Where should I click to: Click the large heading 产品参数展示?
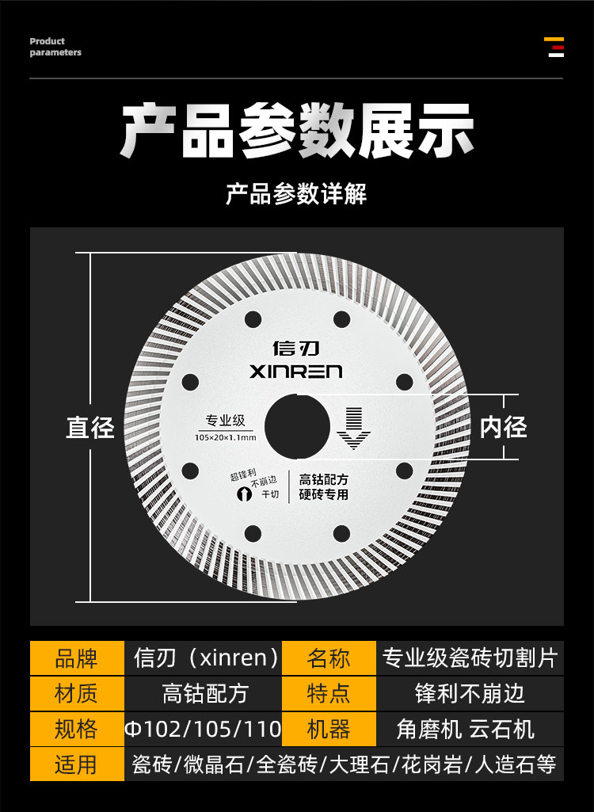coord(297,131)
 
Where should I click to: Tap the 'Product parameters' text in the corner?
coord(55,47)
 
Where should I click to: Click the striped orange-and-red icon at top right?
coord(555,47)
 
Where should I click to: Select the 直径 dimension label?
coord(89,429)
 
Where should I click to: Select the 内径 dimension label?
coord(503,428)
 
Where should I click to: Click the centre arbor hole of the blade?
coord(297,429)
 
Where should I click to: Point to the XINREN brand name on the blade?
coord(295,372)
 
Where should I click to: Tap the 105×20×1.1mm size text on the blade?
coord(225,437)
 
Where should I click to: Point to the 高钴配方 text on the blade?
coord(324,479)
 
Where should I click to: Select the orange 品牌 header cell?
coord(77,658)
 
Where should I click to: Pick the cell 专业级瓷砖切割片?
coord(470,658)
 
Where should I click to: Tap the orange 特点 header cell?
coord(329,694)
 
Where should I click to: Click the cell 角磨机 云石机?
coord(470,729)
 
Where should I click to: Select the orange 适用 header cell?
coord(77,764)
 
